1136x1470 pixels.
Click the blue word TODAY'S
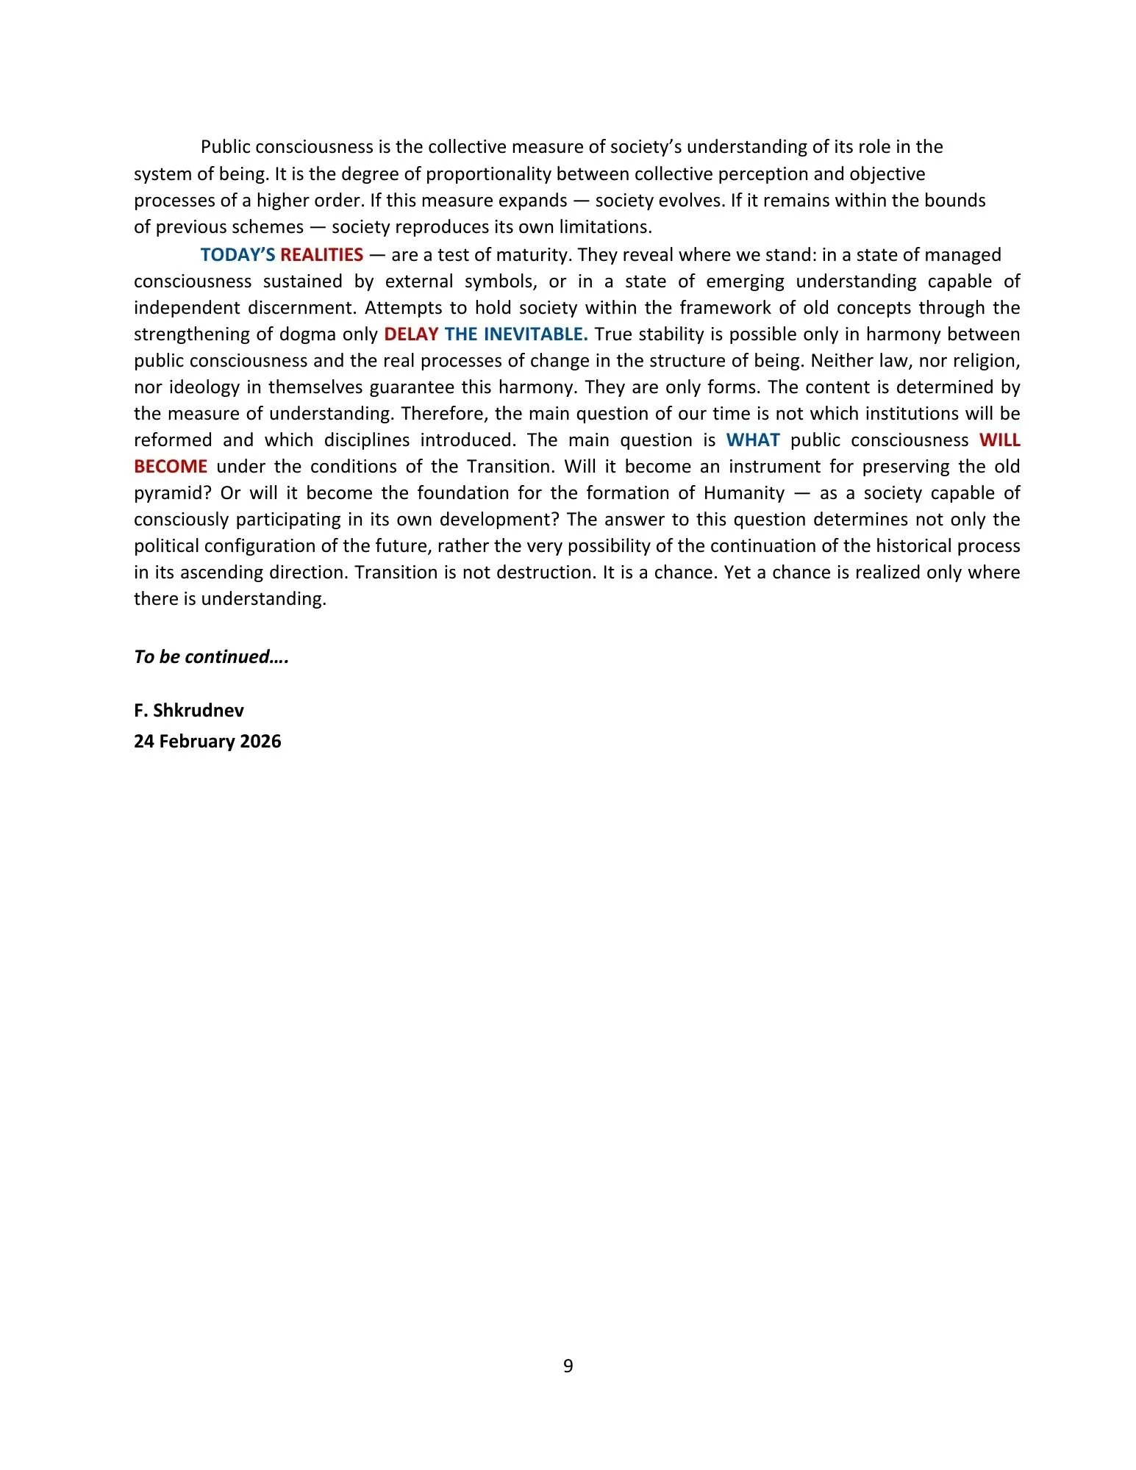[x=237, y=255]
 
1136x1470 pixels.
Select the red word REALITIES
[x=321, y=255]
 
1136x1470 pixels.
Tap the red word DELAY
[x=411, y=334]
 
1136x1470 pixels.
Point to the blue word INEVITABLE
[x=535, y=334]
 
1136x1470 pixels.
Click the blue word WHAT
[x=752, y=440]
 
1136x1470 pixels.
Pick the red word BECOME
[x=171, y=467]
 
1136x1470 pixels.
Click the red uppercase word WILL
[x=999, y=440]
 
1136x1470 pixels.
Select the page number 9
[x=568, y=1366]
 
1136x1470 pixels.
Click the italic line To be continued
[x=211, y=656]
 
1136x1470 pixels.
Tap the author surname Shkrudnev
[x=199, y=710]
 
